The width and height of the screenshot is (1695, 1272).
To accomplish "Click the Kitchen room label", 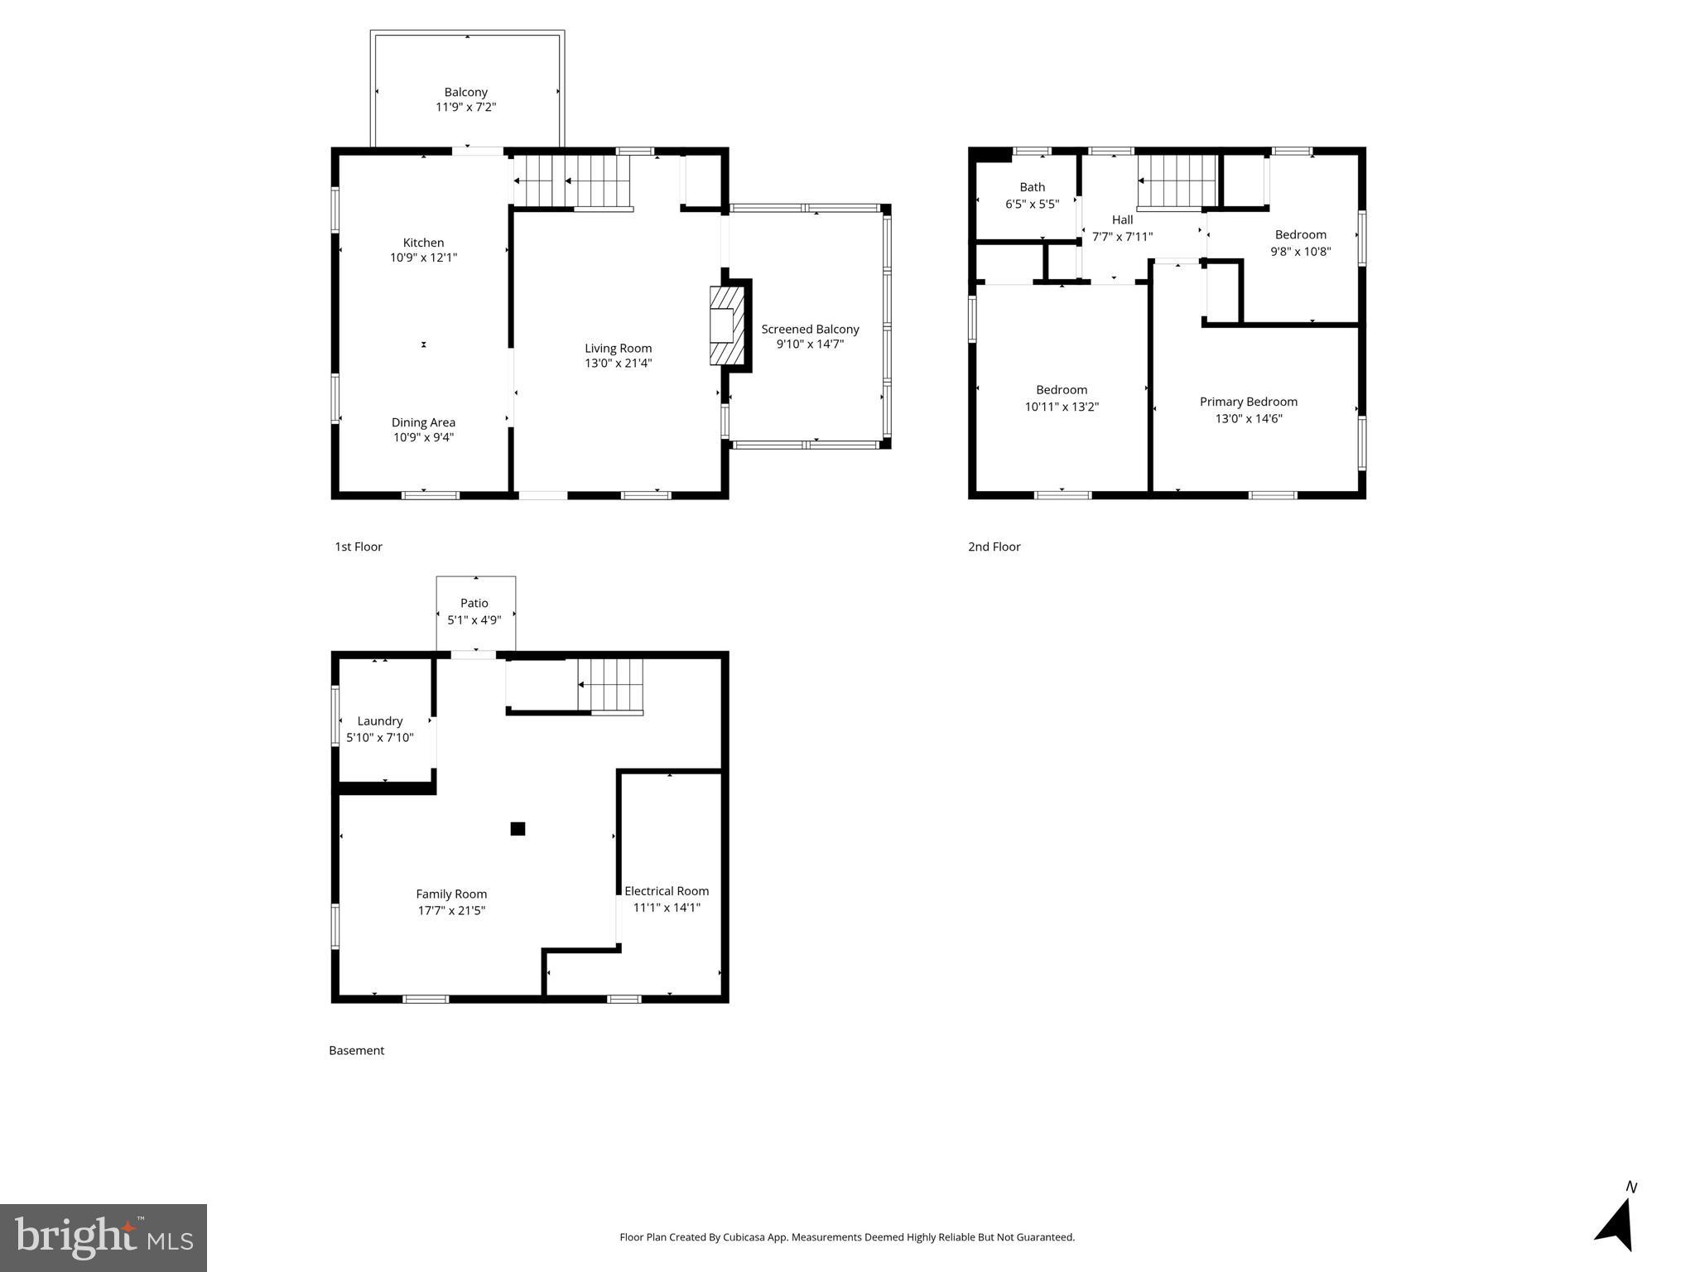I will tap(423, 243).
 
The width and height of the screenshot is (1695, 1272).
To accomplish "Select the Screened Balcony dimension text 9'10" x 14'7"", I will tap(810, 344).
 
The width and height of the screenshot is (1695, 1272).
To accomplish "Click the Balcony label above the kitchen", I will tap(465, 92).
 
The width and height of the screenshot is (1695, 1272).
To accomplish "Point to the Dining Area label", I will tap(423, 422).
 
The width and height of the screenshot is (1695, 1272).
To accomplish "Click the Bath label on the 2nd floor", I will tap(1032, 187).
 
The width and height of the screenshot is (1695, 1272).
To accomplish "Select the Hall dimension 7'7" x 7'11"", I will tap(1122, 237).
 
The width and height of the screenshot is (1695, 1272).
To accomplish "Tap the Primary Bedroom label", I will tap(1248, 402).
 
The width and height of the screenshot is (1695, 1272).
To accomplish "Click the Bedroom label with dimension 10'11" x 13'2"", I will tap(1062, 390).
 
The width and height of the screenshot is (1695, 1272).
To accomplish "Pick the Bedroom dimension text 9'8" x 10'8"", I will tap(1300, 252).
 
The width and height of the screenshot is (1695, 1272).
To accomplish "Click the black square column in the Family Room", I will tap(518, 828).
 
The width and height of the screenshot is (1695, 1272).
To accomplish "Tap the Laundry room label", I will tap(380, 721).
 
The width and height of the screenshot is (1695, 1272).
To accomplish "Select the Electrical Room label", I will tap(667, 891).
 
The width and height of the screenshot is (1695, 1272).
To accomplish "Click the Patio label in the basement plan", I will tap(474, 603).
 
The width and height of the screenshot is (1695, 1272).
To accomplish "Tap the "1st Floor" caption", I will tap(359, 547).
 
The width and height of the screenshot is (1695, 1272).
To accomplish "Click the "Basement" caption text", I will tap(357, 1050).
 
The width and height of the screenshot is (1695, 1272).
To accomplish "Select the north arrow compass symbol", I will tap(1616, 1221).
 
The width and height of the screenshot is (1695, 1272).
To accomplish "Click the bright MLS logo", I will tap(104, 1237).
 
